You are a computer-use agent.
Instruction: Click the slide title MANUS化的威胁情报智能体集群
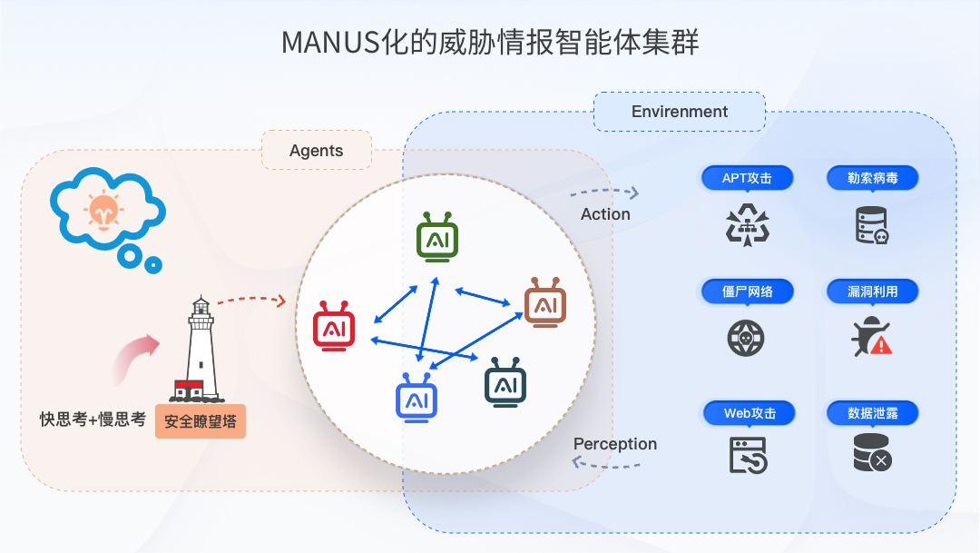(490, 42)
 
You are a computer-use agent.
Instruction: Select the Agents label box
(316, 151)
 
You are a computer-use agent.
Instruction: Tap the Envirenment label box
(679, 112)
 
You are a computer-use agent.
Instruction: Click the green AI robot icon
(437, 239)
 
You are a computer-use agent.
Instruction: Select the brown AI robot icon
(545, 303)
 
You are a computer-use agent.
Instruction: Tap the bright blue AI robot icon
(416, 400)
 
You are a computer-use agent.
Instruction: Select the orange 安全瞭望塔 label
(200, 422)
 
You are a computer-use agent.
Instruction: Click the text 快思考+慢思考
(93, 420)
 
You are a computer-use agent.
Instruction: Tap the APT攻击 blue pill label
(747, 178)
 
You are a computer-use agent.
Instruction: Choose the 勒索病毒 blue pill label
(872, 178)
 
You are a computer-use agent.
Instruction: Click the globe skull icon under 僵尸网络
(746, 338)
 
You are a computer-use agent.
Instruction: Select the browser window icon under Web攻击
(748, 454)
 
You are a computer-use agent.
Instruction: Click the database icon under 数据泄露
(872, 451)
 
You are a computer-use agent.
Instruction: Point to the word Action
(605, 214)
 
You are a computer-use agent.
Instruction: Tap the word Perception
(615, 444)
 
